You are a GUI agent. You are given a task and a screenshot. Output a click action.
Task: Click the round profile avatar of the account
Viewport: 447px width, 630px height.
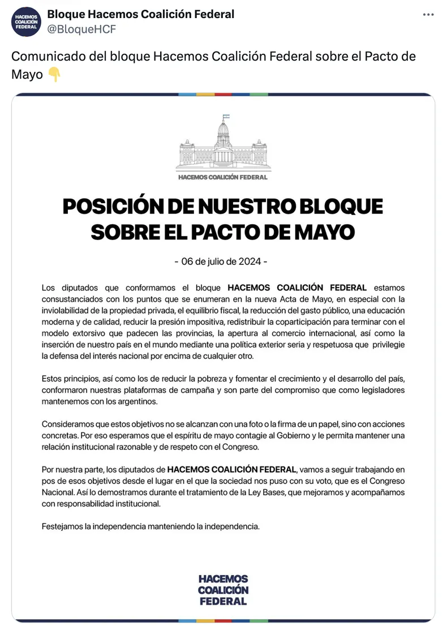click(x=27, y=22)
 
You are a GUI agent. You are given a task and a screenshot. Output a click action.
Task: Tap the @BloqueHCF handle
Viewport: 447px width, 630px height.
click(x=81, y=29)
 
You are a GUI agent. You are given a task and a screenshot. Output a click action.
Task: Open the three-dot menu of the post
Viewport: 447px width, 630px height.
click(x=428, y=15)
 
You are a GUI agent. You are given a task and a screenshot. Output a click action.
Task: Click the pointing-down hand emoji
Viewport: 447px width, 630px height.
click(x=54, y=74)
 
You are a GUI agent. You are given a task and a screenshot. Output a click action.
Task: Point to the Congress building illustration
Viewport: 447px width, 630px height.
click(x=222, y=146)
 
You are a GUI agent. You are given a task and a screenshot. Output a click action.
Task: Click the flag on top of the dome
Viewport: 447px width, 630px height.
click(x=224, y=117)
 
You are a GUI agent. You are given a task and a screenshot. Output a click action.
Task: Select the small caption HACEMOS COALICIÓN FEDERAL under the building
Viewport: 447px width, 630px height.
click(x=222, y=177)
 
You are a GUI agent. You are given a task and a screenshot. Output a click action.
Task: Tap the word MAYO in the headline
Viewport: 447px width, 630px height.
click(x=323, y=232)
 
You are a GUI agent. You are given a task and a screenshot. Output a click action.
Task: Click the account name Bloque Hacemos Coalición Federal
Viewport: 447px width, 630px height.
click(x=140, y=14)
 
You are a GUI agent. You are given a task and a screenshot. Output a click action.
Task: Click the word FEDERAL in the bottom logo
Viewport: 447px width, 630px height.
click(x=223, y=601)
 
